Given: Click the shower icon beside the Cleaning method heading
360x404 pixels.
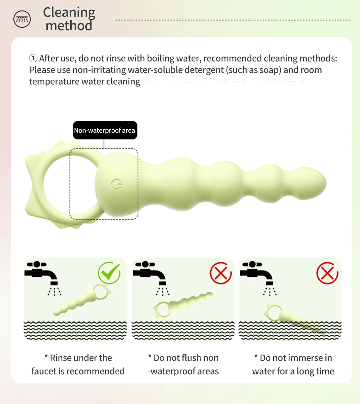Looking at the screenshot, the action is [22, 19].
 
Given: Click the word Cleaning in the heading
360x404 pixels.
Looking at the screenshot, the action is [69, 13].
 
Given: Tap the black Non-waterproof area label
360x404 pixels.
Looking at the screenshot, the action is [105, 130].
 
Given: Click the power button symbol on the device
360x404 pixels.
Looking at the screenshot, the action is [117, 185].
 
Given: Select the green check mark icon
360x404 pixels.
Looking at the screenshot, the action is [109, 272].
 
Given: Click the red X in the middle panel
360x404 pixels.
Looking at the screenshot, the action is [221, 273].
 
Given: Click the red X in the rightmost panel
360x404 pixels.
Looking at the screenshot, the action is [327, 273].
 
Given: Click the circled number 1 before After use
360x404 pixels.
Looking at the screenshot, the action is [33, 58].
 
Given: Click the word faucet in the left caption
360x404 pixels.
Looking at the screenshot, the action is [44, 371].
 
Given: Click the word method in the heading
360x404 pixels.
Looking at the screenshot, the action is [69, 26].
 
